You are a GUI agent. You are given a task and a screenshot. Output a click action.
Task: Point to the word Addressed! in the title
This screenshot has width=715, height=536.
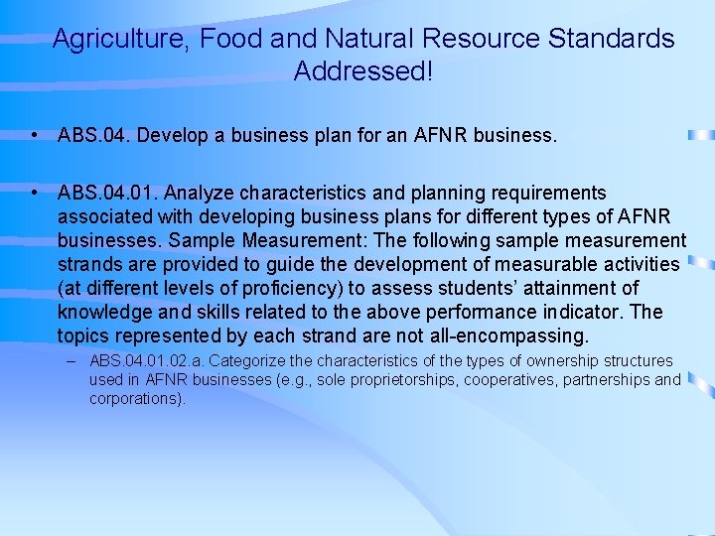tap(363, 72)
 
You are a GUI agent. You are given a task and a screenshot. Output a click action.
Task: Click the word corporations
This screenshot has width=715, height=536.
tap(136, 398)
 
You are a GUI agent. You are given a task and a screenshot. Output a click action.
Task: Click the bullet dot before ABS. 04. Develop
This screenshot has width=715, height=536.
tap(35, 135)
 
